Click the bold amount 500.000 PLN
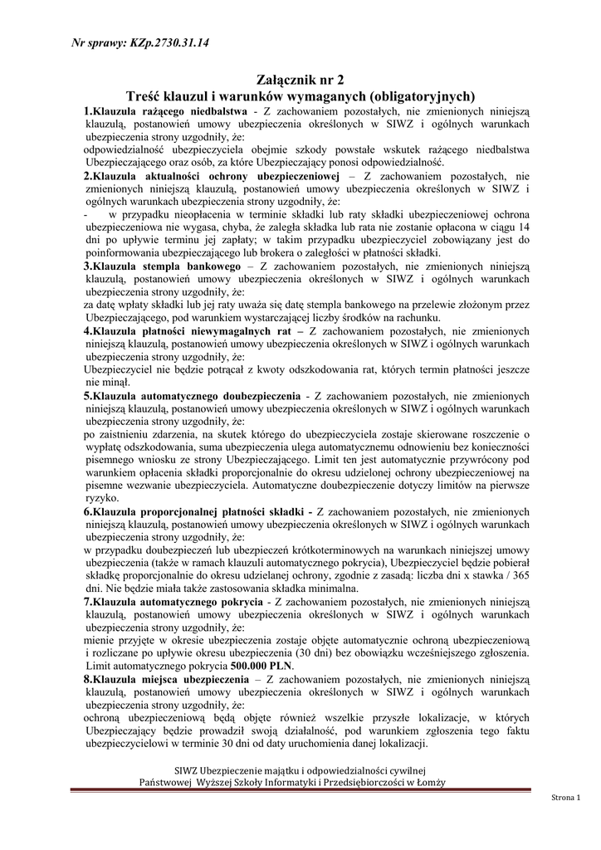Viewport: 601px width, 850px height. click(265, 666)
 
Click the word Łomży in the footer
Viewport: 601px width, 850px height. click(432, 783)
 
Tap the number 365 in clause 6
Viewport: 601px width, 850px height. click(520, 575)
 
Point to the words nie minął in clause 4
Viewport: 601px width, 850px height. click(106, 383)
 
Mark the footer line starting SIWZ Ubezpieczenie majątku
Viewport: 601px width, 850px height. click(296, 769)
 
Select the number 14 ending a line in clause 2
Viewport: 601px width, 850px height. click(523, 227)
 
